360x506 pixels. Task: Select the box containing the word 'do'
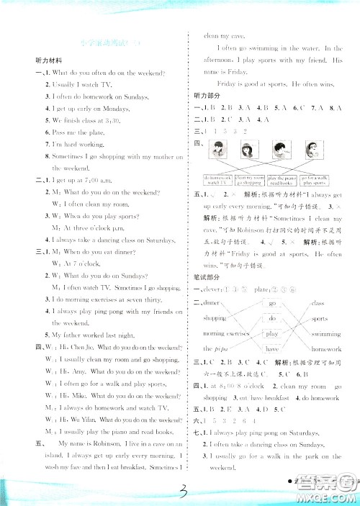(272, 318)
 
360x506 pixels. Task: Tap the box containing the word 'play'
(272, 334)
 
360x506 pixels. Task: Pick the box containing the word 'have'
(272, 349)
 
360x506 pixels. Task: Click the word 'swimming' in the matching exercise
(325, 335)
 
